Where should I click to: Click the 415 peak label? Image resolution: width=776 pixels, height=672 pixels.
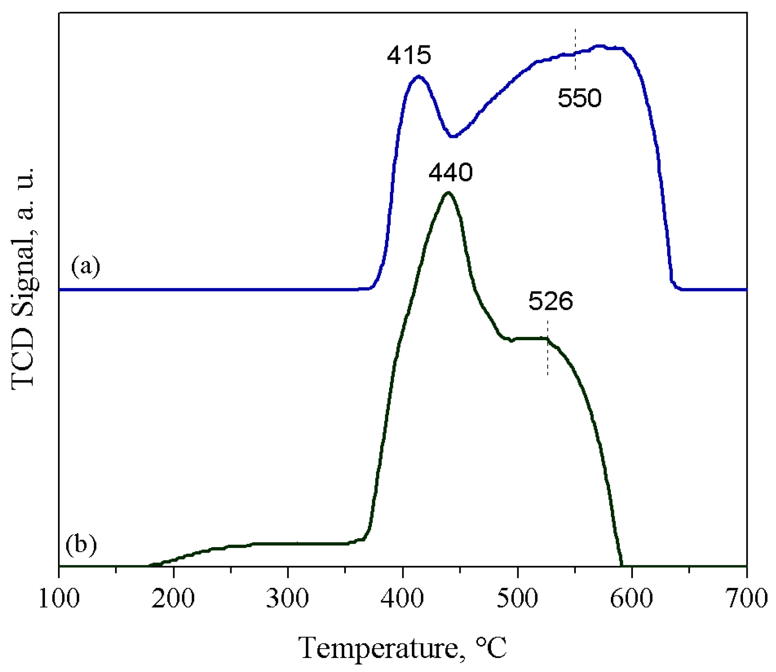(x=409, y=55)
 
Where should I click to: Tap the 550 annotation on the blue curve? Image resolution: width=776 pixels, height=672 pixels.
(x=579, y=98)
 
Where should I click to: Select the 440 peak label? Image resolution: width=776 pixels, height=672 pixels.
(x=450, y=173)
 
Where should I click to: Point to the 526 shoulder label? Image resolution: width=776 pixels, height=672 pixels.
(x=550, y=301)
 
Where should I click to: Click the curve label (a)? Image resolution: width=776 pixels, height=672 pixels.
(x=86, y=267)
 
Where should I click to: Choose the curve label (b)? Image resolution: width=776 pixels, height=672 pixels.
(x=81, y=545)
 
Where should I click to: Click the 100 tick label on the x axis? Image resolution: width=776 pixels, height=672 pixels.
(x=59, y=599)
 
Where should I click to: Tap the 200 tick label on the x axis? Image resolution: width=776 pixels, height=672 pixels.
(x=174, y=599)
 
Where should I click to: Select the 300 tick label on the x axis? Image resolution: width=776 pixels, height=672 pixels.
(x=288, y=599)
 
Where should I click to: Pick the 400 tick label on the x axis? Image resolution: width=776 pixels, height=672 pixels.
(x=403, y=599)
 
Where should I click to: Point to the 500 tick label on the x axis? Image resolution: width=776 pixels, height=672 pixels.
(x=517, y=599)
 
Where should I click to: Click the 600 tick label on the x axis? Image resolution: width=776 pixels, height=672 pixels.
(x=632, y=599)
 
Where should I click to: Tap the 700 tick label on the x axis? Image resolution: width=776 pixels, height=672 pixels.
(x=746, y=599)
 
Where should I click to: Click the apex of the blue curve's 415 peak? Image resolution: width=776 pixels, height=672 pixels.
(x=419, y=76)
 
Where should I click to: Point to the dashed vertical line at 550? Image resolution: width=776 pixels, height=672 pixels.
(x=575, y=49)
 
